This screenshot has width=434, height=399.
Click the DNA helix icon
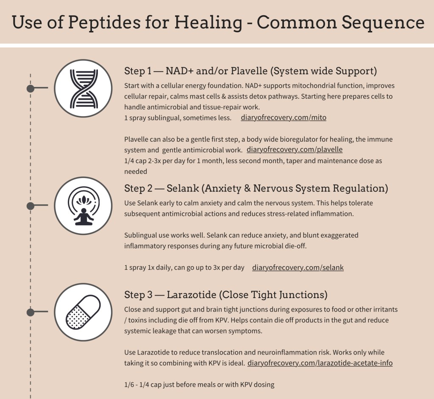[83, 88]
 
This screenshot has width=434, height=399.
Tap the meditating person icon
[83, 206]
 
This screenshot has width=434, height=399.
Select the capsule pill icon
[83, 313]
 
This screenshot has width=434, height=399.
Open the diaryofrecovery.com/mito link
[283, 117]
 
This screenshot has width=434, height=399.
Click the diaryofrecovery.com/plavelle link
[294, 150]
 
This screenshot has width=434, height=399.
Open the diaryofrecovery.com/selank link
[298, 268]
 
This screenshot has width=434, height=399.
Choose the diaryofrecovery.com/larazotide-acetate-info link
[320, 363]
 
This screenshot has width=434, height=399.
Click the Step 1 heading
[250, 70]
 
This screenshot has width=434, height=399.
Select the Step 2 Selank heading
[256, 188]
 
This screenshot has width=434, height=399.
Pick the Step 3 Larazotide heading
[225, 294]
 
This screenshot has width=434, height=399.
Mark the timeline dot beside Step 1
[31, 88]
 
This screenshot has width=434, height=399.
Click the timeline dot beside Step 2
[31, 206]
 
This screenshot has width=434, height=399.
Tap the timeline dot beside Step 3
[31, 313]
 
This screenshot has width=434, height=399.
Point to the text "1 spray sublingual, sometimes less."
[178, 118]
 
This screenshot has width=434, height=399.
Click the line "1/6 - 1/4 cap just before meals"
[199, 385]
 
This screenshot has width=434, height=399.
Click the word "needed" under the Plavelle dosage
[136, 171]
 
